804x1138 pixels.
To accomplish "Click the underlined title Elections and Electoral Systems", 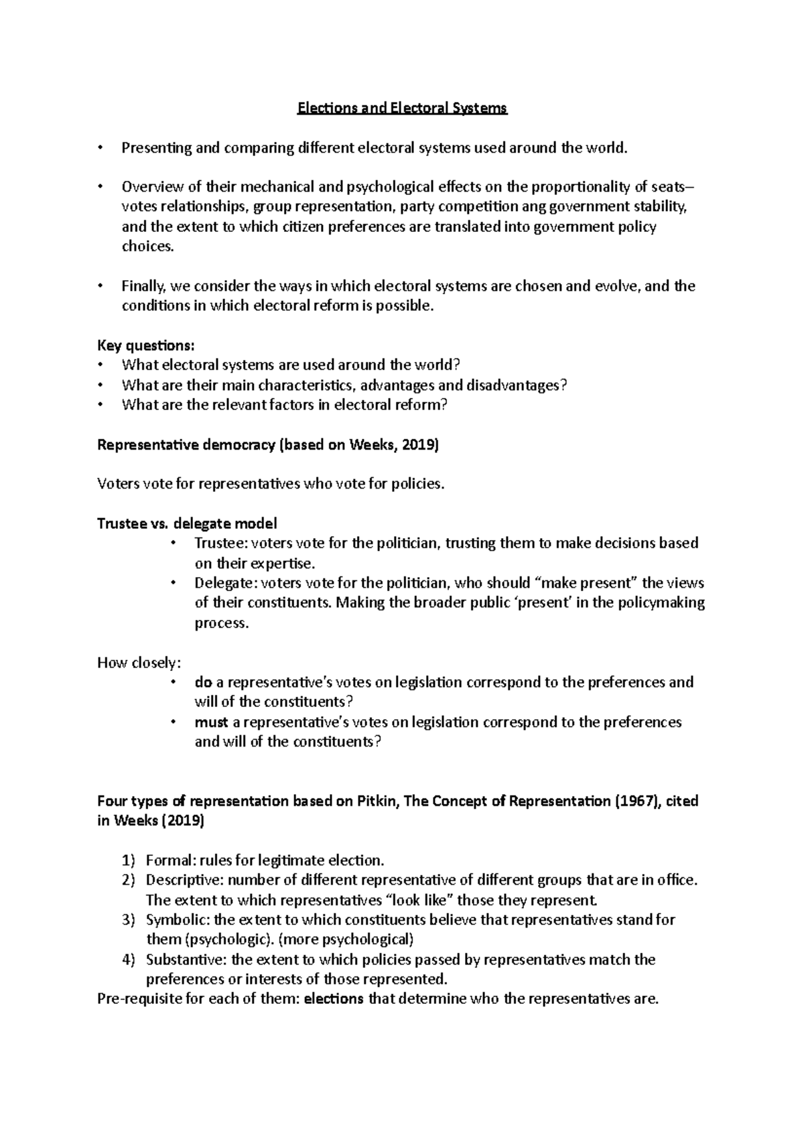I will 402,109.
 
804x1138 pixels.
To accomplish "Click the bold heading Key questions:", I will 146,346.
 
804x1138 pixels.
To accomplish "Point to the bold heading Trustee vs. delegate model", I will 187,523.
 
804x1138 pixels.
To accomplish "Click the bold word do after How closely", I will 203,683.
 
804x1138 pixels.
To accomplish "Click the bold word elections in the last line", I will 334,1000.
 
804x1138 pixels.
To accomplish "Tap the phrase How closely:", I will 139,663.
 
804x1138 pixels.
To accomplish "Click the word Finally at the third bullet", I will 143,286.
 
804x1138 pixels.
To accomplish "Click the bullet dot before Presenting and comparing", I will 100,148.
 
